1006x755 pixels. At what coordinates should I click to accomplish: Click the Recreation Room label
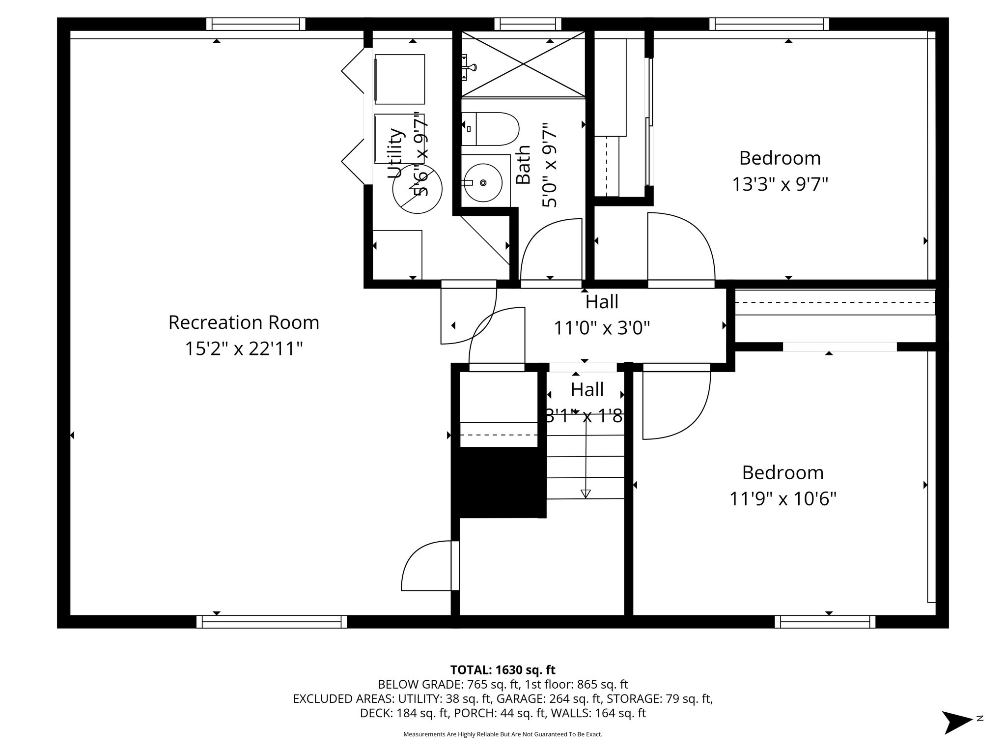click(244, 323)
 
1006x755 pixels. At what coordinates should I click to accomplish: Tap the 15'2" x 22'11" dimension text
click(244, 349)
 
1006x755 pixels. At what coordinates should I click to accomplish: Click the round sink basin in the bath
click(483, 183)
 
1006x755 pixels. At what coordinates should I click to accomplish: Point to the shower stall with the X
click(523, 64)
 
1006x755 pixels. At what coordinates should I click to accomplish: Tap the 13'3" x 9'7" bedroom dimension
click(780, 185)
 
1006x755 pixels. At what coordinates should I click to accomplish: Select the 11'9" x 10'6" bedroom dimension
click(782, 499)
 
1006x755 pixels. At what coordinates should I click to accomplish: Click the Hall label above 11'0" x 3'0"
click(602, 302)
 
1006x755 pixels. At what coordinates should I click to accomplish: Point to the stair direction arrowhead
click(586, 494)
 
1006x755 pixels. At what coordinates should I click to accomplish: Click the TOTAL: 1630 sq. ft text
click(503, 670)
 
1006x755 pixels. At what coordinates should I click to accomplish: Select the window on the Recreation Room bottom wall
click(272, 622)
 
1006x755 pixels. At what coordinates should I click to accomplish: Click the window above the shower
click(528, 24)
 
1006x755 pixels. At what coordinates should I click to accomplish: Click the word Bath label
click(524, 165)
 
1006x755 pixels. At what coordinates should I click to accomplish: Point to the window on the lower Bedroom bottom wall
click(825, 622)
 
